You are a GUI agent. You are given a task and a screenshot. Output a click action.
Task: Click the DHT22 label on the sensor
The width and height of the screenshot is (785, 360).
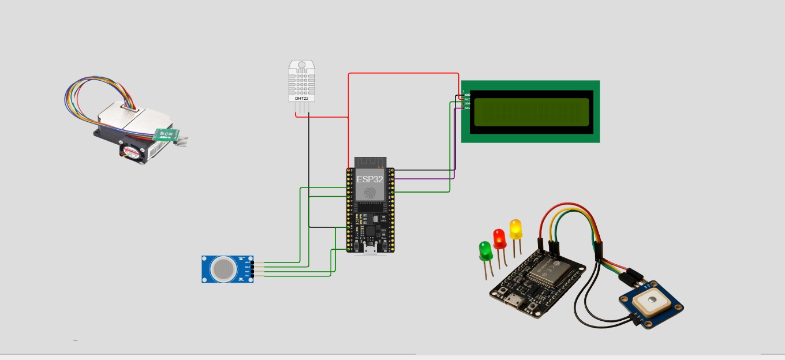301,99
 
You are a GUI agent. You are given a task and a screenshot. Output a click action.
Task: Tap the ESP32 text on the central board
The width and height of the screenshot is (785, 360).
369,179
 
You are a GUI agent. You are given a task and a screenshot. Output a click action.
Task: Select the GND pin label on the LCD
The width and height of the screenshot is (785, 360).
468,95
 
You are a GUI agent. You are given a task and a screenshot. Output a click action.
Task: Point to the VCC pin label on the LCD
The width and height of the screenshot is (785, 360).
468,99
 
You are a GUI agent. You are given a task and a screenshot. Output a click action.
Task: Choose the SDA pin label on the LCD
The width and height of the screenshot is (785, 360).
468,104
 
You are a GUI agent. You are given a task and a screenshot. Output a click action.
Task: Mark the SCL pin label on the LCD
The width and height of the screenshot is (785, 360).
468,108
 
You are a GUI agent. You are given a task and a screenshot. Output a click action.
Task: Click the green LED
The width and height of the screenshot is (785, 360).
485,250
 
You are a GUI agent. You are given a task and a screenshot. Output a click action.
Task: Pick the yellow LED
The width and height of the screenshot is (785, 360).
515,228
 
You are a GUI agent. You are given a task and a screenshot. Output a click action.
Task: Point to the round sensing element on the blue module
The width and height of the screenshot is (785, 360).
222,268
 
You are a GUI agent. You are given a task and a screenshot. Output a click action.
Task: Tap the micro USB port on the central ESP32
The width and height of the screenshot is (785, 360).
369,249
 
